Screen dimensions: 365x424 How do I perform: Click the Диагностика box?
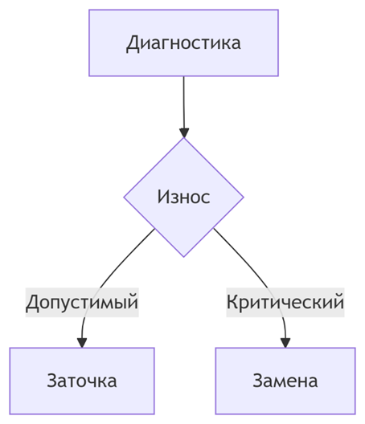tap(183, 43)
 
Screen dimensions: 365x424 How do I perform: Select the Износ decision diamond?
tap(183, 197)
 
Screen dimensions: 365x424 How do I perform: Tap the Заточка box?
tap(82, 381)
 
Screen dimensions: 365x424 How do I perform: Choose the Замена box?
tap(285, 381)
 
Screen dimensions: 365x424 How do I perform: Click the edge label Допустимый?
tap(82, 302)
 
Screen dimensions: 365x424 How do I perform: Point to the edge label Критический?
tap(285, 302)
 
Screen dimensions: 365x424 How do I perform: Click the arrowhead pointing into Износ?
tap(184, 133)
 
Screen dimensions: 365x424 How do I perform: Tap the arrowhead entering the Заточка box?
tap(82, 343)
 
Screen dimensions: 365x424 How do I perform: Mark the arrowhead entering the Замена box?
tap(285, 343)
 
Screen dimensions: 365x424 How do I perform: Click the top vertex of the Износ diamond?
tap(183, 137)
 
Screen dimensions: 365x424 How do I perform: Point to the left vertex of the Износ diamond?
tap(124, 197)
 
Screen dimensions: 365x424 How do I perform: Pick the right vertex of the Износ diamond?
tap(244, 197)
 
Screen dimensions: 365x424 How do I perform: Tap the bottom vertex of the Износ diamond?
tap(183, 257)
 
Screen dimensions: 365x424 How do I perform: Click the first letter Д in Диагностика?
tap(133, 44)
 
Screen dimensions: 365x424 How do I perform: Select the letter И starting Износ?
tap(163, 197)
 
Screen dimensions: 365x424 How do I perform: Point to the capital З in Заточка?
tap(52, 381)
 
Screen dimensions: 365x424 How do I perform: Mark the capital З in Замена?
tap(258, 381)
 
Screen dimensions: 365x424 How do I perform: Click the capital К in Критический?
tap(232, 302)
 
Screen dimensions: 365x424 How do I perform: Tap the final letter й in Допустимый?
tap(133, 301)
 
